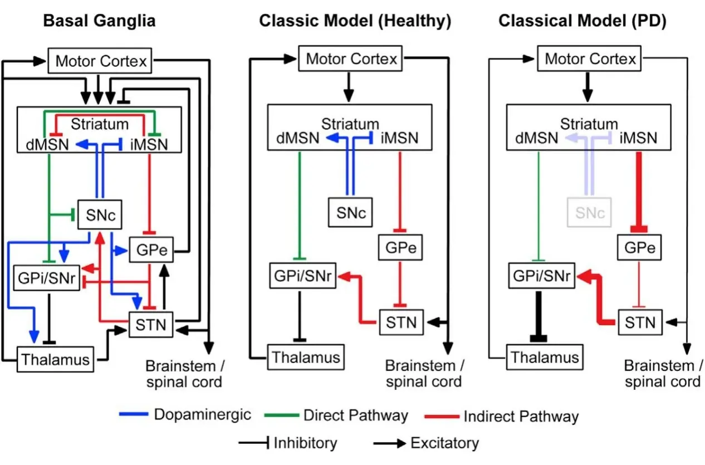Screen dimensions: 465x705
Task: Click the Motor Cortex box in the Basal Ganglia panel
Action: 100,60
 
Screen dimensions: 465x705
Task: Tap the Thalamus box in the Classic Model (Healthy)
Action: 305,356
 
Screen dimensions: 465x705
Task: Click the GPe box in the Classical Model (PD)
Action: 639,248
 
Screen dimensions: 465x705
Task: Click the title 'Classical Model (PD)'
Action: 582,21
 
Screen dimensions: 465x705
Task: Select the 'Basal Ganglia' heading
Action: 99,21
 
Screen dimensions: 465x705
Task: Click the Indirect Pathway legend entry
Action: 521,416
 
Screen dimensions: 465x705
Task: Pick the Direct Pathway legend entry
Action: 355,415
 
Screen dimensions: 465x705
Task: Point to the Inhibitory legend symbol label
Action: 305,443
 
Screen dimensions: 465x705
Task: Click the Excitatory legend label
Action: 444,443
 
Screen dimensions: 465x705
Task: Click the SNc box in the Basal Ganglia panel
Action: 100,214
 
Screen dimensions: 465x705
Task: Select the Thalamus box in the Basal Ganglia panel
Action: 55,359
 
